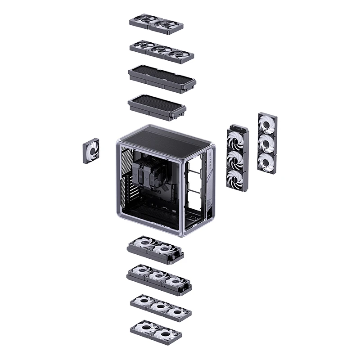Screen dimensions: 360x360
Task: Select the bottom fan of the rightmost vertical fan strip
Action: coord(267,160)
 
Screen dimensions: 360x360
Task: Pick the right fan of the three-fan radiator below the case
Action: coord(175,282)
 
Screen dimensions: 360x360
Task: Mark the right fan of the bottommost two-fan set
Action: coord(167,333)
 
